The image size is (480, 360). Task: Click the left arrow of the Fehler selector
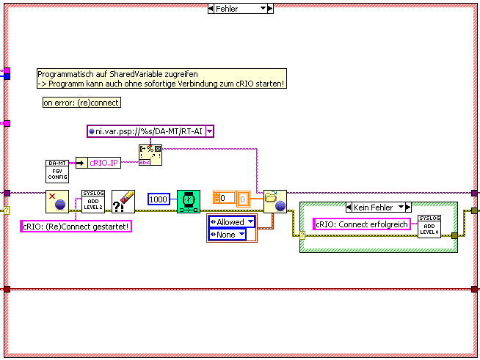click(x=211, y=8)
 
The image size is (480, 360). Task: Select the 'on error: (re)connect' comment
click(x=81, y=103)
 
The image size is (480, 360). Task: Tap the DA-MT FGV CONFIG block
click(x=57, y=171)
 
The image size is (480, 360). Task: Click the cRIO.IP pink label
click(x=104, y=163)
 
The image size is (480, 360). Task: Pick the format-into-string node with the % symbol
click(x=150, y=155)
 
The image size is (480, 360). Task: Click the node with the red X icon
click(x=57, y=200)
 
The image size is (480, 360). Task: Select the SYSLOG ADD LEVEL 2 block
click(x=92, y=200)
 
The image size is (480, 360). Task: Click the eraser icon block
click(x=123, y=200)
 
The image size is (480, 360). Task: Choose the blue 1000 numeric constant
click(x=159, y=199)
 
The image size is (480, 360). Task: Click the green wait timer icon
click(x=189, y=200)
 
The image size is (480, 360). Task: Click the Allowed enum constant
click(x=231, y=222)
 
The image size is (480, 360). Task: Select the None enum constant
click(x=231, y=235)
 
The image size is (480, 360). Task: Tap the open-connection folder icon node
click(x=274, y=200)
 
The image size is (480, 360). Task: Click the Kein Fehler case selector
click(x=379, y=207)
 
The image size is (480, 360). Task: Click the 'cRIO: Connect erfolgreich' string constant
click(x=362, y=224)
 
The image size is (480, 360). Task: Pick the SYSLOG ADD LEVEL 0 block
click(x=429, y=226)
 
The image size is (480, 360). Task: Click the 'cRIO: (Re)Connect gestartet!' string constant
click(x=76, y=227)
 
